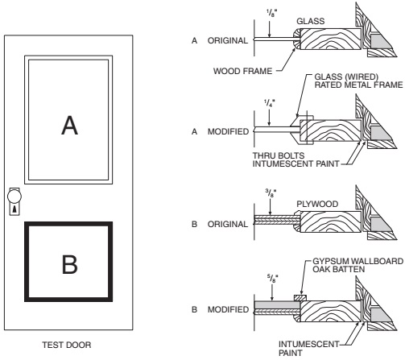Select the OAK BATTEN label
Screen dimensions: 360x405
pos(339,271)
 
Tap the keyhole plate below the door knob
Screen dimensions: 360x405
pos(14,209)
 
